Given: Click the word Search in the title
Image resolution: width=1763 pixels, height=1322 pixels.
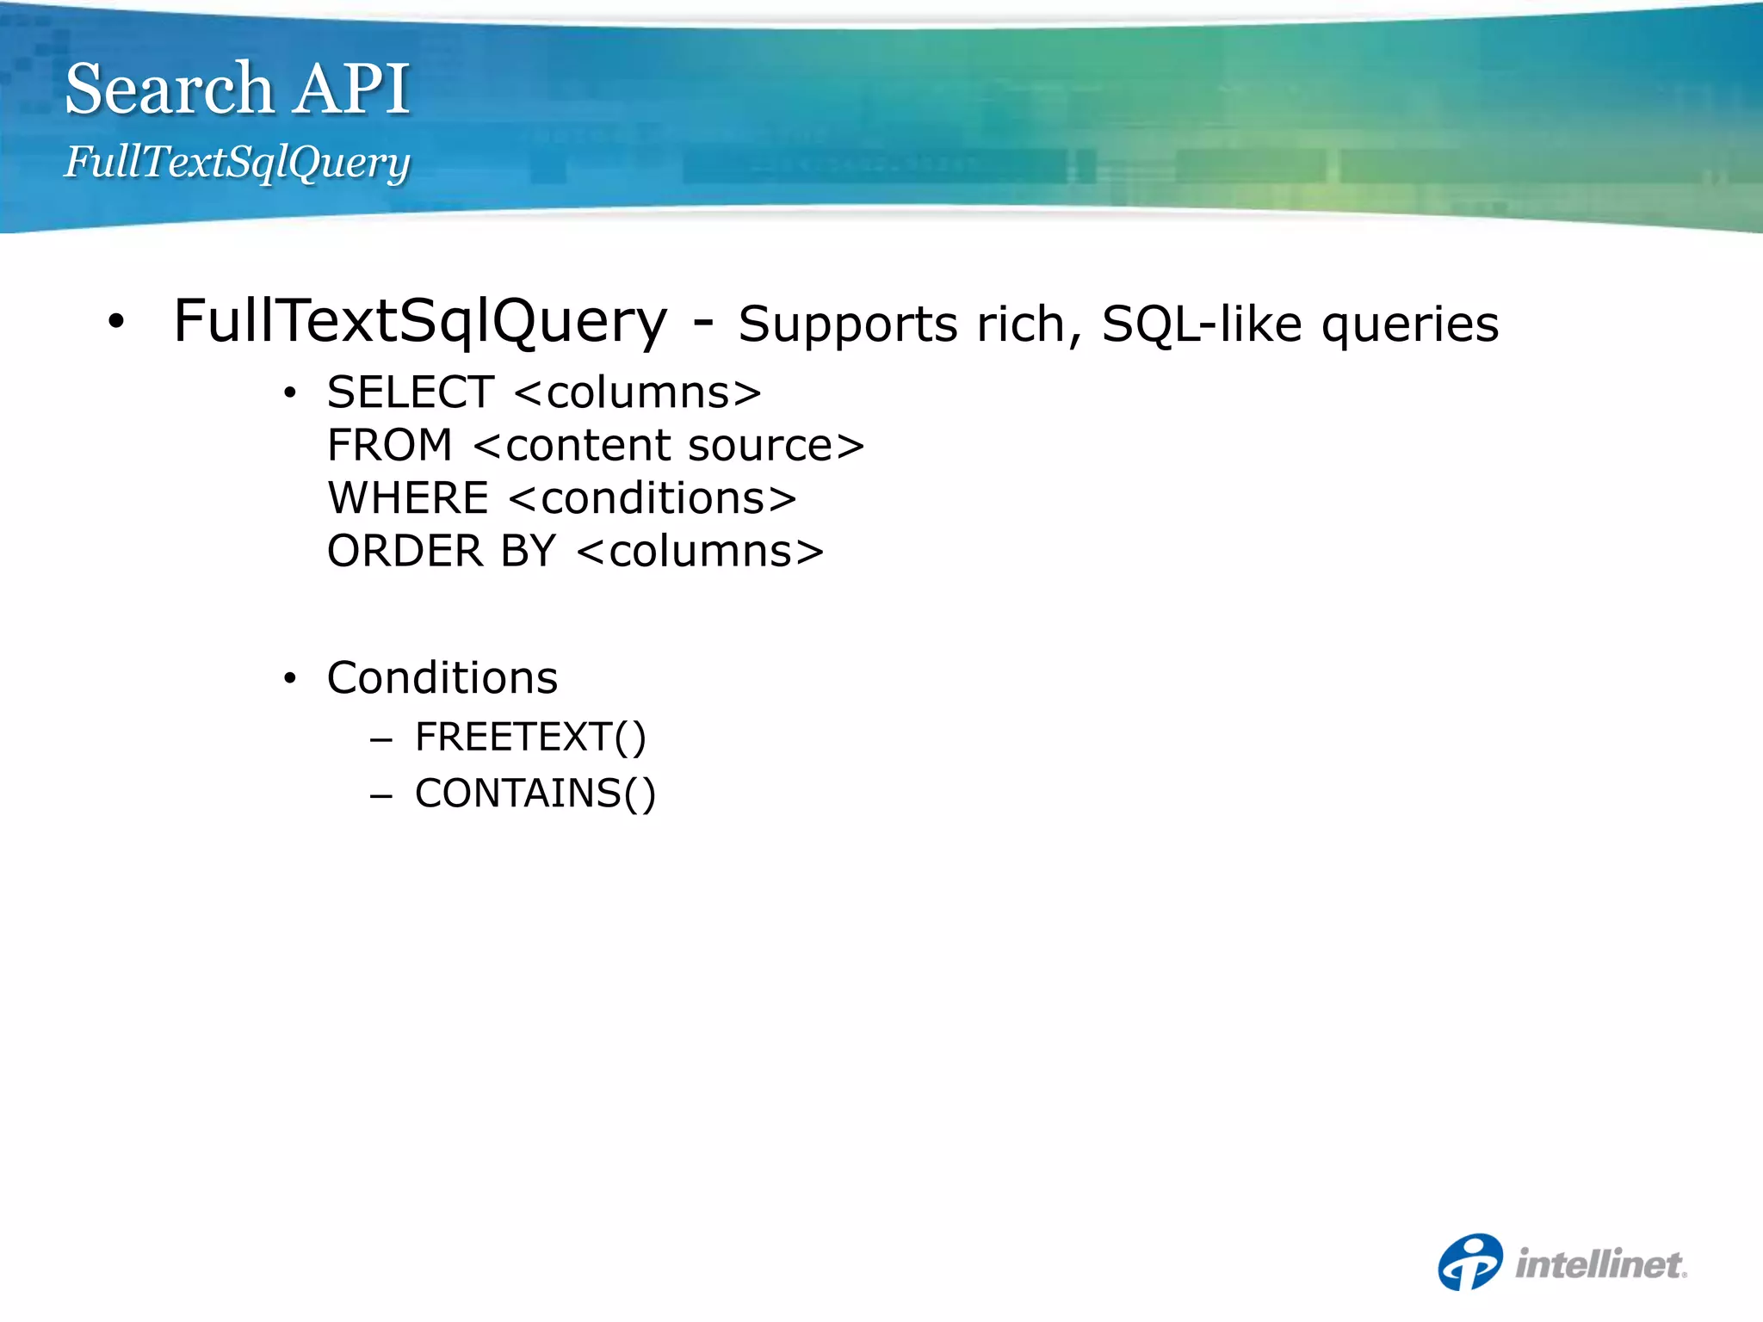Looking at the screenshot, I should click(169, 89).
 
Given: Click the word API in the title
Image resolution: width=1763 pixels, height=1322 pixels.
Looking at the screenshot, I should click(351, 89).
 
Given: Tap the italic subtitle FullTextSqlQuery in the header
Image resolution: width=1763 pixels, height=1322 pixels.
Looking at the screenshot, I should click(237, 162).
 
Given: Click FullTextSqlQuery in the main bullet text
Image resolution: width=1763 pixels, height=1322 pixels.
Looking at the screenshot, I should click(420, 322).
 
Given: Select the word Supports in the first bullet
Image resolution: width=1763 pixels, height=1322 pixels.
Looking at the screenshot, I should click(848, 325).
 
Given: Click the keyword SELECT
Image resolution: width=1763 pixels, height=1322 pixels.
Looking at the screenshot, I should click(411, 393).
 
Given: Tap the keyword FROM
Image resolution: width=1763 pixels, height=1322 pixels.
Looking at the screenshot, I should click(389, 446).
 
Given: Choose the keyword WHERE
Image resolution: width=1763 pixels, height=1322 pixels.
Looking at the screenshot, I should click(408, 498).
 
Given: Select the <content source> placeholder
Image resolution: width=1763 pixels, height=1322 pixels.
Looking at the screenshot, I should click(669, 446).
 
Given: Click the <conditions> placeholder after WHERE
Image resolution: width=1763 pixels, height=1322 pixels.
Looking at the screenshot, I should click(653, 498).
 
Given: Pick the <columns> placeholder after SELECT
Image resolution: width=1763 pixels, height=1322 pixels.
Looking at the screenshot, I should click(638, 393).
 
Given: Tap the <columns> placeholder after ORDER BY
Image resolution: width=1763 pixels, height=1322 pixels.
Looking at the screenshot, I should click(700, 552).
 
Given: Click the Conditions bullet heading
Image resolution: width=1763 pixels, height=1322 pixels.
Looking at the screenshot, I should click(442, 678).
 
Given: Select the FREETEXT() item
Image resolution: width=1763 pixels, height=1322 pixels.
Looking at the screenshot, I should click(530, 738).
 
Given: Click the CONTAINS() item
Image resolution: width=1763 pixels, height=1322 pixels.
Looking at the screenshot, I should click(535, 794).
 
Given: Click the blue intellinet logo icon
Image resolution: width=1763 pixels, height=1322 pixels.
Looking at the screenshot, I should click(1469, 1262).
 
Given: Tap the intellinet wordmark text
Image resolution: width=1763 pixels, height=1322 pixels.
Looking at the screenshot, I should click(1600, 1264).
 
